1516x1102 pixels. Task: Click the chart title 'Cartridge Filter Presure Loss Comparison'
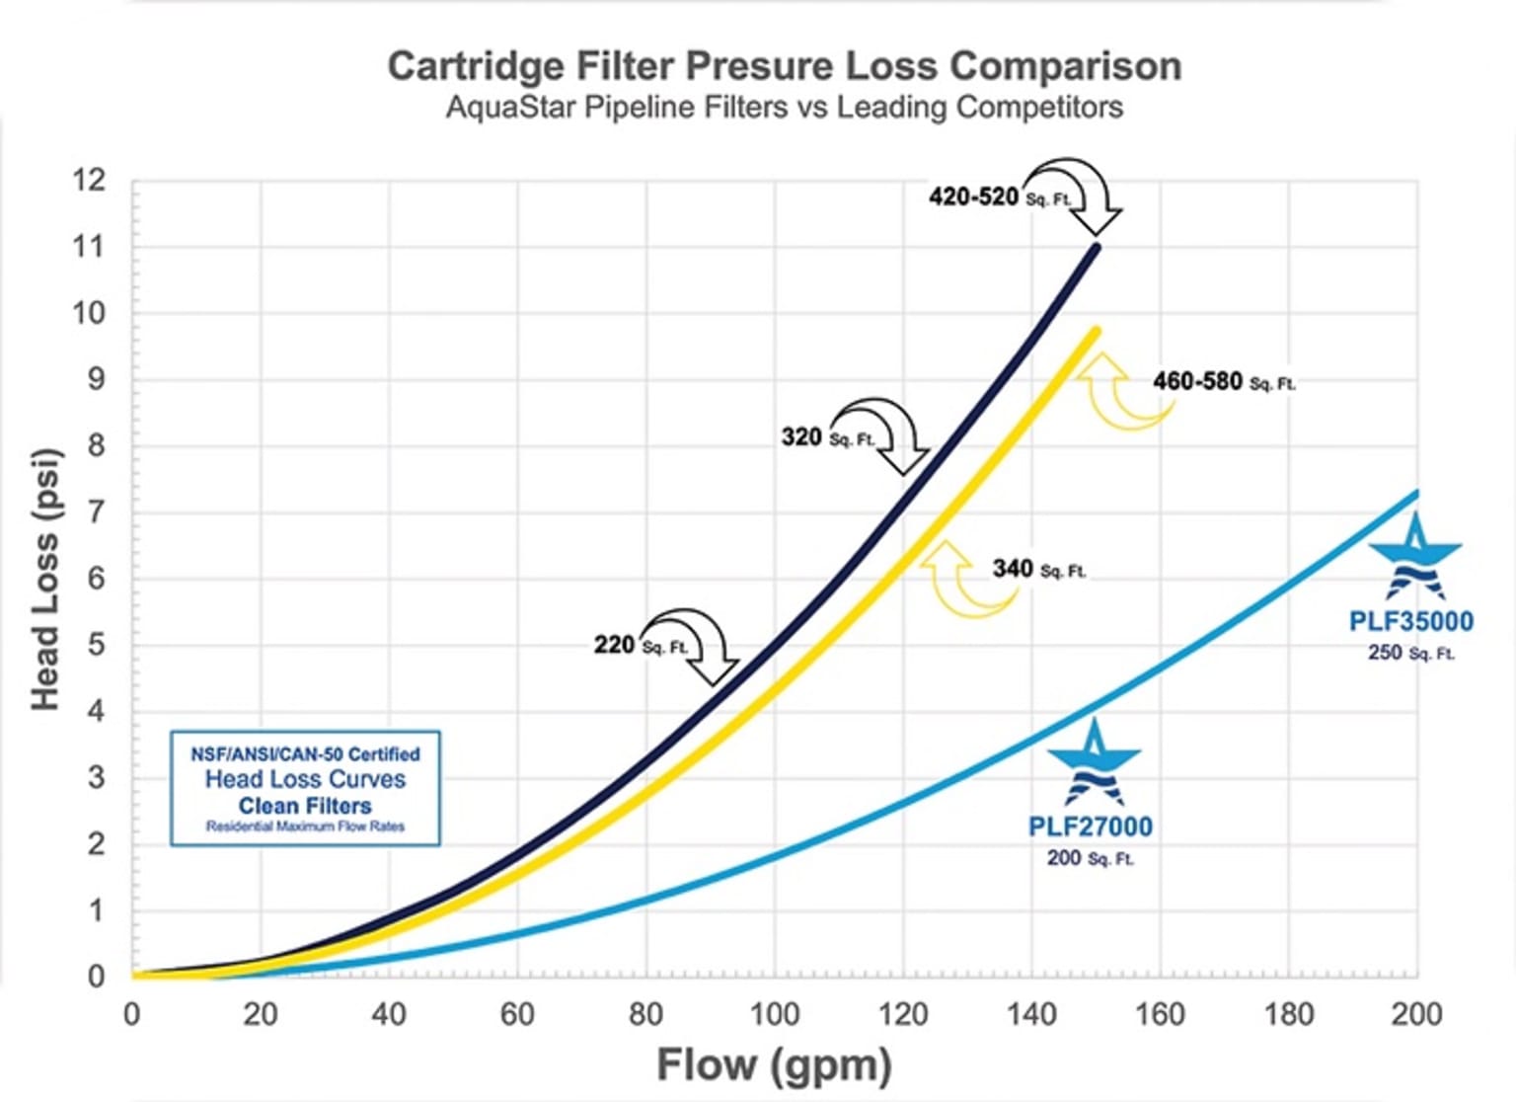pos(784,66)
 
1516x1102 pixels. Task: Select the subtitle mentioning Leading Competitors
pos(784,107)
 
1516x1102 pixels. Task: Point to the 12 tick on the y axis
pos(88,181)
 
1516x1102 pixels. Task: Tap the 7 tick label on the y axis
pos(95,512)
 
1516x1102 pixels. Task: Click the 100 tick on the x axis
pos(775,1014)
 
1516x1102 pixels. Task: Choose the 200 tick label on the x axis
pos(1416,1014)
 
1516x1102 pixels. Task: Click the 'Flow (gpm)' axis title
pos(775,1065)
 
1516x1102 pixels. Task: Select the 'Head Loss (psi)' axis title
pos(45,580)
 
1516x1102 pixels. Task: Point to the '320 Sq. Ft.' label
pos(827,436)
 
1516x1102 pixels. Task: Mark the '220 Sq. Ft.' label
pos(641,645)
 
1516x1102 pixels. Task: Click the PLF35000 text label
pos(1410,621)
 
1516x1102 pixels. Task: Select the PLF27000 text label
pos(1090,826)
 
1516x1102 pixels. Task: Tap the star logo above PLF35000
pos(1415,556)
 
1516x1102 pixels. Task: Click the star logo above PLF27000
pos(1094,762)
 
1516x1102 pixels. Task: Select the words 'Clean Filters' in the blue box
pos(305,806)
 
